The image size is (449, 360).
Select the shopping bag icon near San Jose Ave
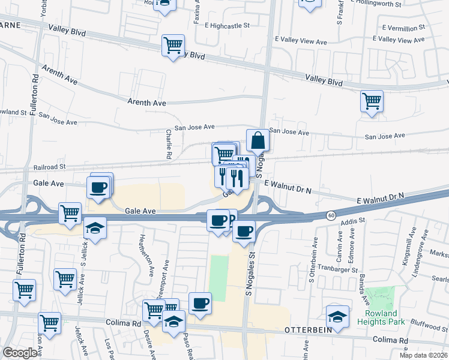pyautogui.click(x=258, y=140)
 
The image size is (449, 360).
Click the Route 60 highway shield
pyautogui.click(x=331, y=215)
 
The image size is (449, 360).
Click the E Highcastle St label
pyautogui.click(x=226, y=25)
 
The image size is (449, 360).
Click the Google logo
pyautogui.click(x=20, y=352)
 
